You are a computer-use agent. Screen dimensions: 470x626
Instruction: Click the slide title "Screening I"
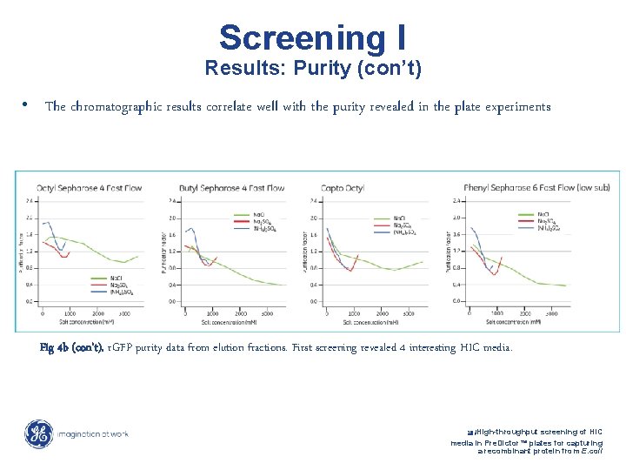point(312,37)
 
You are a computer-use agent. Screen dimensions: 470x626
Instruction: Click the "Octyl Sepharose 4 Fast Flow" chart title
point(89,187)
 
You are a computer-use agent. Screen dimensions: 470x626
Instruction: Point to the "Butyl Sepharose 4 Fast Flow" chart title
point(231,187)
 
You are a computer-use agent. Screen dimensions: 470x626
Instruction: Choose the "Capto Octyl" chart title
point(343,187)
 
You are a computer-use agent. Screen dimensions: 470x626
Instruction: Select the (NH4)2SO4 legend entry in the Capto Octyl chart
point(405,232)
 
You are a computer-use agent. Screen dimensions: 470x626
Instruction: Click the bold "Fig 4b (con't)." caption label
point(72,347)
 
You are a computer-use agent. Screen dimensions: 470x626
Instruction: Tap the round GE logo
point(38,433)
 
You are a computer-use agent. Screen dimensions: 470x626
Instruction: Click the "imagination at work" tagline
point(92,434)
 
